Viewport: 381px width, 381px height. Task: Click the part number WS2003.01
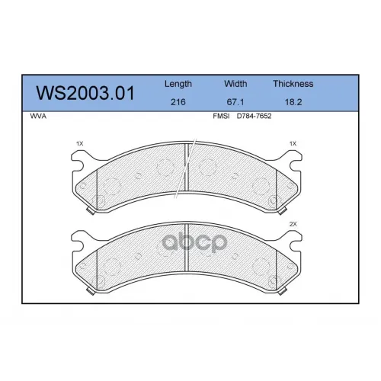(85, 93)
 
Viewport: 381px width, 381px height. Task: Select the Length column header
(178, 84)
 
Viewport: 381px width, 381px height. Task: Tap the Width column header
(235, 84)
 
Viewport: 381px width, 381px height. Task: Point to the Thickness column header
(293, 84)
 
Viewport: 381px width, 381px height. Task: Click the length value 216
(178, 102)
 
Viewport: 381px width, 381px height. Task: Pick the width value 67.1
(235, 102)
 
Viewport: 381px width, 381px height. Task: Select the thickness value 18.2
(293, 102)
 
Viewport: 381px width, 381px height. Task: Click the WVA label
(38, 116)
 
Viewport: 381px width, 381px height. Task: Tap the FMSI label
(221, 116)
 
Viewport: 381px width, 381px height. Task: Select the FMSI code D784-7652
(254, 116)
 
